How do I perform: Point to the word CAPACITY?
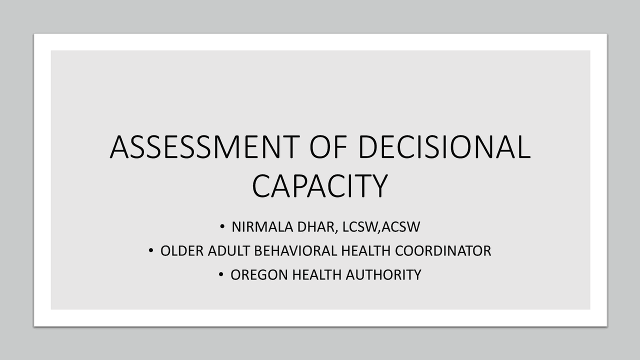320,185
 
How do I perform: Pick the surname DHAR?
312,227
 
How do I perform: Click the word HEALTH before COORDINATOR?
365,251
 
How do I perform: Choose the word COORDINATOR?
443,251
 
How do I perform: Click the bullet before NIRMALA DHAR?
222,227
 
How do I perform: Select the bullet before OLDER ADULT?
151,251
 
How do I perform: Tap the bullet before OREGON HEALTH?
221,275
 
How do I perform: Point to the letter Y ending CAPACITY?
378,185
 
